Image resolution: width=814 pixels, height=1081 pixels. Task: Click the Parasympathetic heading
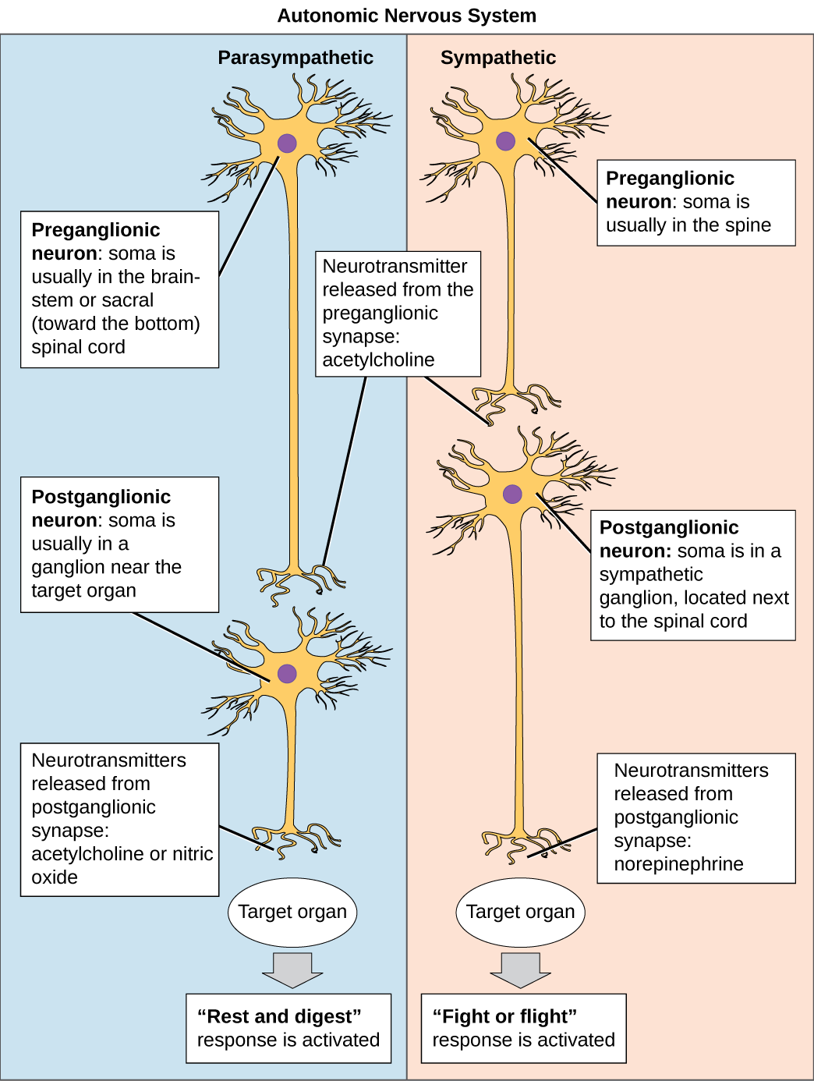pos(295,58)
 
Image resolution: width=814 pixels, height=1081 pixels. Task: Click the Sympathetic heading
pos(497,58)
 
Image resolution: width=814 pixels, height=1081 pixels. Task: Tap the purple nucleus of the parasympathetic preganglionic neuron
pos(287,143)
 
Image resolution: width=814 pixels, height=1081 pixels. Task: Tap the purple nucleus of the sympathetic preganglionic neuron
pos(505,141)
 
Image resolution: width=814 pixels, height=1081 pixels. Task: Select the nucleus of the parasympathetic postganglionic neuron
pos(287,674)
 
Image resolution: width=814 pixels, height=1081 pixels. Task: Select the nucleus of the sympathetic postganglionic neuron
pos(512,493)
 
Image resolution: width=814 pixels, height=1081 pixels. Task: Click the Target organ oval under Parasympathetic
pos(292,912)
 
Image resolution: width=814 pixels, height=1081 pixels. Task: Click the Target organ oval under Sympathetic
pos(520,912)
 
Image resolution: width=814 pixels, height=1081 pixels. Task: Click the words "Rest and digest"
pos(279,1016)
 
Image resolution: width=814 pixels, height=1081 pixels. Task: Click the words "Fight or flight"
pos(504,1016)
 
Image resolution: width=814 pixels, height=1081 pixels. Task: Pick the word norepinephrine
pos(678,864)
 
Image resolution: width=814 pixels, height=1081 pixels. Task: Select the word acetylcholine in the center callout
pos(378,360)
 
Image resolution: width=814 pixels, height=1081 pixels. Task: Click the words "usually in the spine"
pos(688,225)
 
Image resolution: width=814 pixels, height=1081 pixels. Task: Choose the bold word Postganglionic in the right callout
pos(669,527)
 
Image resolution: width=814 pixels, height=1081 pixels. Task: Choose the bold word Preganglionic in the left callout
pos(95,230)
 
